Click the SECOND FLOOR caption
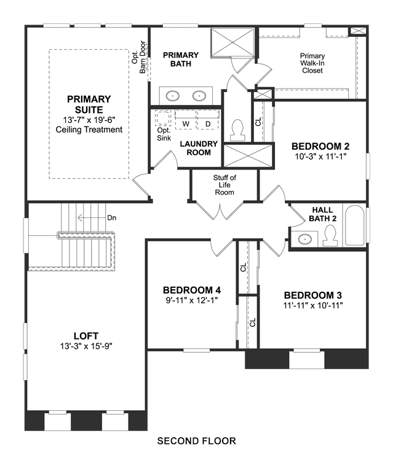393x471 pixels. [197, 441]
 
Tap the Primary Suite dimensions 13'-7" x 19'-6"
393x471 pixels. [89, 120]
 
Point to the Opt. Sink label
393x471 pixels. [164, 134]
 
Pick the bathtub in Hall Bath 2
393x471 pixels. [354, 225]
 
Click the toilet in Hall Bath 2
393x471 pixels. [330, 236]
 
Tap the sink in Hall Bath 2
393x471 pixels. [305, 239]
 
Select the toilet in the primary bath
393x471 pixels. [238, 130]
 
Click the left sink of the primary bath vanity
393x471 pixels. [173, 96]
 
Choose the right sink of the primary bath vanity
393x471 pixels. [199, 96]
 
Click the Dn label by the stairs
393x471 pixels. [112, 217]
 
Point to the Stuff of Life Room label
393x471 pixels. [224, 185]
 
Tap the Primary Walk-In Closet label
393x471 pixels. [312, 63]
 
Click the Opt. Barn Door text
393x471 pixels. [138, 56]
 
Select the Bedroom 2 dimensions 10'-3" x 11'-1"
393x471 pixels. [321, 156]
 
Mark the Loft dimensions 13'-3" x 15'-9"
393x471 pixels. [86, 346]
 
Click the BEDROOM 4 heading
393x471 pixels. [192, 290]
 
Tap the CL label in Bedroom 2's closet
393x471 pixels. [258, 122]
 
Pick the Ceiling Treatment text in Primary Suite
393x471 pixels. [89, 130]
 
